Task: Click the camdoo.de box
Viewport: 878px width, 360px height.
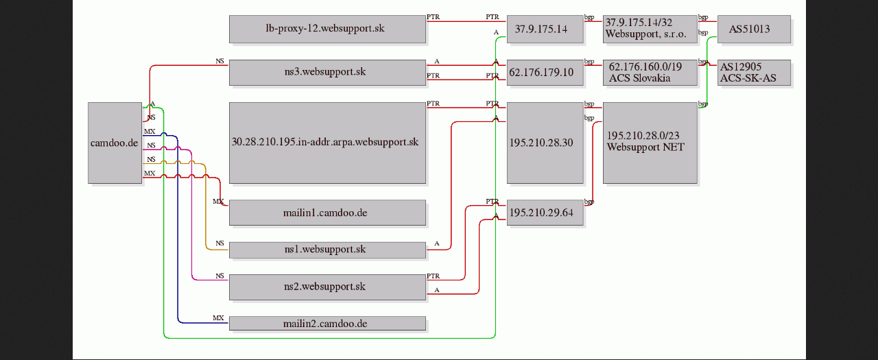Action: point(115,143)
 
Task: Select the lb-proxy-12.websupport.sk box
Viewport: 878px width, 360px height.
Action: point(327,29)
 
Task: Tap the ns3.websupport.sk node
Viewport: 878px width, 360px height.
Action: point(327,73)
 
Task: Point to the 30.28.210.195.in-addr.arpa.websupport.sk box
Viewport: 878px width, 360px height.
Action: point(327,143)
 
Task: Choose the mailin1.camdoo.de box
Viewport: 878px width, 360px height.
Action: point(327,213)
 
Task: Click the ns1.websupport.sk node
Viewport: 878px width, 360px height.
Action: point(327,250)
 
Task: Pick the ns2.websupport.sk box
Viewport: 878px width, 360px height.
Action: point(327,287)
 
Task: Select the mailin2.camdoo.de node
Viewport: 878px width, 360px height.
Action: point(327,324)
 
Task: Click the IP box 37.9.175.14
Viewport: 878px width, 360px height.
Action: point(545,29)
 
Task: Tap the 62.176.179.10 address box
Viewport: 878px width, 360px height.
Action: point(545,73)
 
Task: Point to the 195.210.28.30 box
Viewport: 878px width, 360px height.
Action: point(545,143)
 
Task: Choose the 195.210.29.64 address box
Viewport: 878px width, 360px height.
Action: point(545,213)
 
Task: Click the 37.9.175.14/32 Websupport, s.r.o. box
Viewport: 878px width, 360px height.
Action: point(650,29)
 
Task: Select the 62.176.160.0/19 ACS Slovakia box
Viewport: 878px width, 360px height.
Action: point(650,73)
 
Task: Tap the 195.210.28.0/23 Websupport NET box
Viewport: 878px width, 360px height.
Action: point(650,143)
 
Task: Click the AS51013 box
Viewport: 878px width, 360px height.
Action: point(754,29)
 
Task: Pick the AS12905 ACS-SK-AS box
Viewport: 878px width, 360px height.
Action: point(754,73)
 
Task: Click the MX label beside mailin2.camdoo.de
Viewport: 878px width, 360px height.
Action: point(218,317)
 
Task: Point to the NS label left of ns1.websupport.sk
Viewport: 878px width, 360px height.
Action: point(219,243)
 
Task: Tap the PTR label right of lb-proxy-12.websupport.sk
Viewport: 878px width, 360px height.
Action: point(433,17)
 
